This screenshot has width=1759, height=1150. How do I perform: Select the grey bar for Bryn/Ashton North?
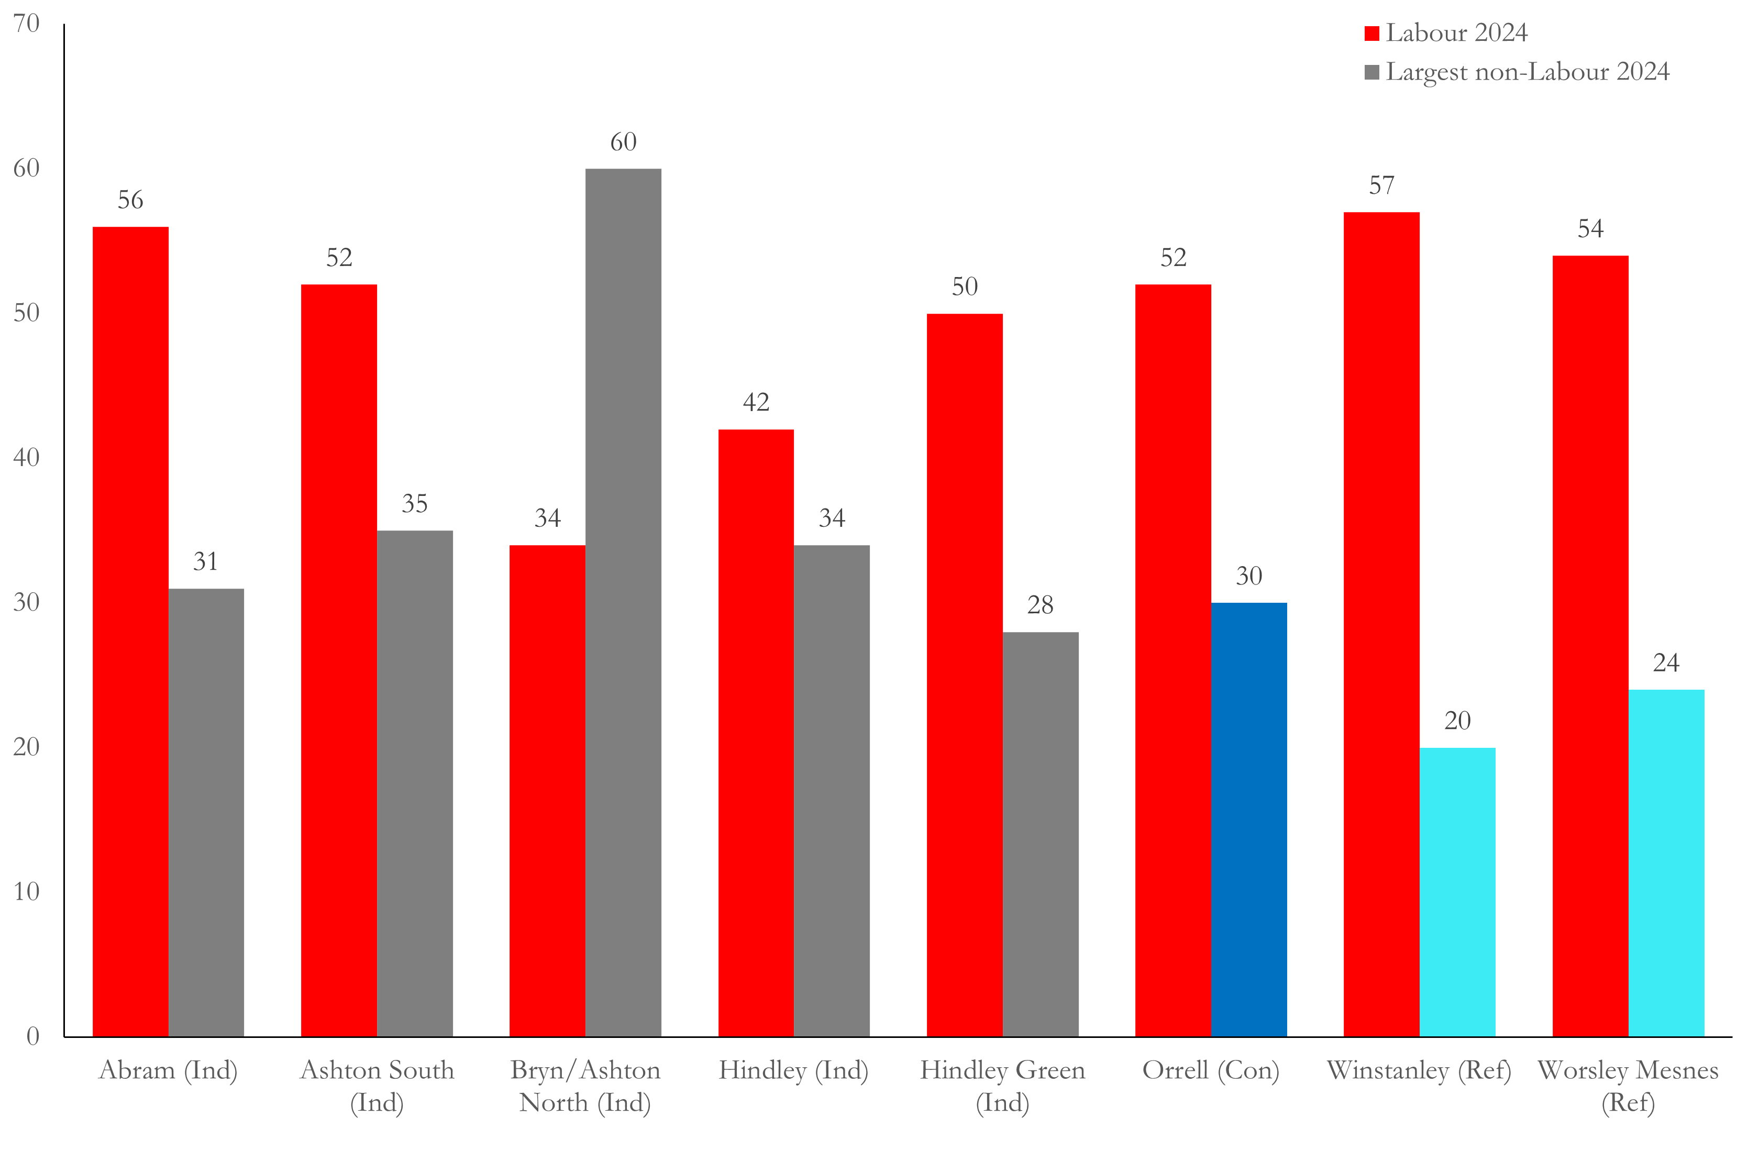(623, 602)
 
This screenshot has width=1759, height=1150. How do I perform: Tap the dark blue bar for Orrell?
(1249, 820)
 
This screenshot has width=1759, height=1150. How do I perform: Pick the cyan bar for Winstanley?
(1457, 892)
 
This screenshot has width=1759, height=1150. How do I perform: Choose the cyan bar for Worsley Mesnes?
(1667, 863)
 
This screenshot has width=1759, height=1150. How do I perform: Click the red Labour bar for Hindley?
(756, 733)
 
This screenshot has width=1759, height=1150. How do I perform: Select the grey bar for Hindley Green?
(1041, 834)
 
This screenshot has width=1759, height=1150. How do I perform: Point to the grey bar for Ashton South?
(415, 783)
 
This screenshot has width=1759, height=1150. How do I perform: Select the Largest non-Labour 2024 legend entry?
(1517, 72)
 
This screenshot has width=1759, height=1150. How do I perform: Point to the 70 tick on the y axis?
(27, 24)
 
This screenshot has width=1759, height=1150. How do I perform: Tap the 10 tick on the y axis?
(27, 891)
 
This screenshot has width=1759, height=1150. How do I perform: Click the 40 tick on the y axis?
(27, 458)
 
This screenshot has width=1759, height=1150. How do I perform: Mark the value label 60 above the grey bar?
(623, 142)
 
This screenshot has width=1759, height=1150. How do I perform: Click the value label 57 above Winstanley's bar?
(1381, 185)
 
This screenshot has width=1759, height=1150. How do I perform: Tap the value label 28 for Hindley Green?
(1041, 605)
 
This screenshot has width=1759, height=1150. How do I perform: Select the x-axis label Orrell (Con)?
(1211, 1070)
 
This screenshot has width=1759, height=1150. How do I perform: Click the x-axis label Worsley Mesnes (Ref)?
(1628, 1087)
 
